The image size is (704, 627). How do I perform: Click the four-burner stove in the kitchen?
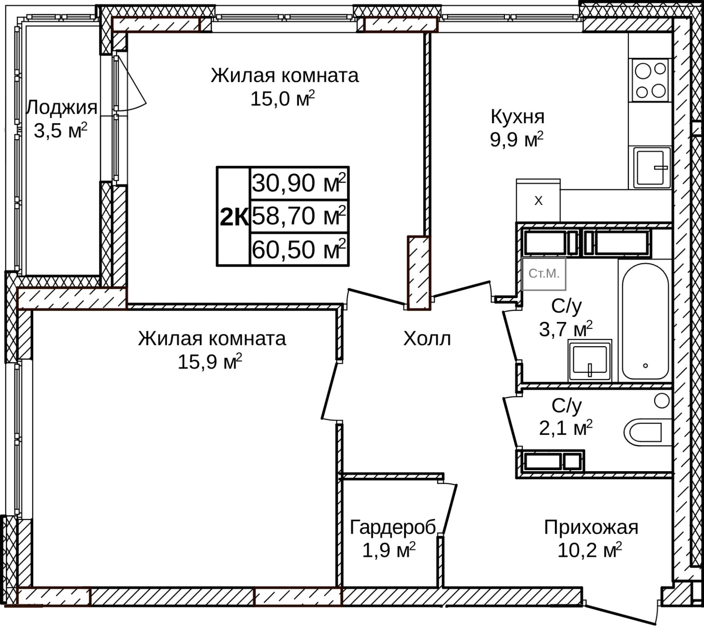click(650, 80)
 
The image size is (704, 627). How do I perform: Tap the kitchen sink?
click(651, 167)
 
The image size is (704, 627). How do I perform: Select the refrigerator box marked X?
click(538, 201)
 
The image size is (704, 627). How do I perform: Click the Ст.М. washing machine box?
click(544, 274)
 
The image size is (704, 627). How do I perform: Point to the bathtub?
click(645, 322)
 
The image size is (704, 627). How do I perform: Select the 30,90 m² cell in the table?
click(299, 183)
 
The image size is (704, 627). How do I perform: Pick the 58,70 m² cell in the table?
click(299, 216)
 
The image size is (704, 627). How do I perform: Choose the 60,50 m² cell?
click(299, 249)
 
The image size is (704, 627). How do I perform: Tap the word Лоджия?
click(61, 108)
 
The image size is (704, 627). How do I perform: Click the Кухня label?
click(517, 117)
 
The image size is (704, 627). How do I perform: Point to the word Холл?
click(427, 339)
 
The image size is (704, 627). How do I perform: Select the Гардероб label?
click(392, 527)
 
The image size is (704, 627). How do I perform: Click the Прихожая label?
click(591, 527)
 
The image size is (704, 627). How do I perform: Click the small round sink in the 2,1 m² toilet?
click(661, 401)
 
